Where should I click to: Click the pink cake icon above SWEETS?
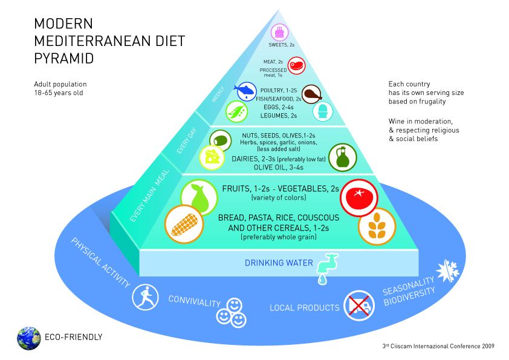coord(279,31)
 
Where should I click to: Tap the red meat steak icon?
coord(296,65)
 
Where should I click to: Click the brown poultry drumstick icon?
coord(311,93)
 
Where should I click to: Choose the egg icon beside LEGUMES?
coord(322,112)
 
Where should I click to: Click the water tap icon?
coord(325,267)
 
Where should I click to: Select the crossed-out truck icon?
coord(359,304)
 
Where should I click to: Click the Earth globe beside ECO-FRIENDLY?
coord(28,338)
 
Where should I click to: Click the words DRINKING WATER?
coord(278,263)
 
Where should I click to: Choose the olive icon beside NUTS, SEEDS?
coord(221,140)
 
